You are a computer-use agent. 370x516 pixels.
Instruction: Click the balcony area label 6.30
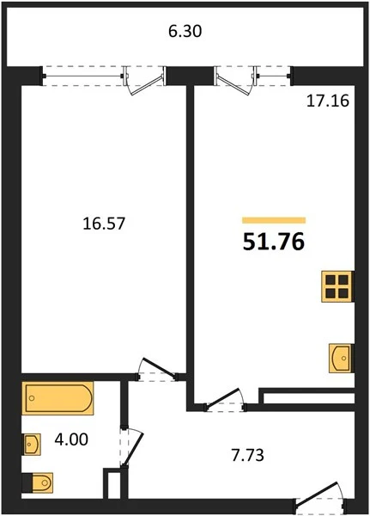pyautogui.click(x=185, y=32)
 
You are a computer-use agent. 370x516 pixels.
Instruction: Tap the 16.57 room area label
pyautogui.click(x=104, y=224)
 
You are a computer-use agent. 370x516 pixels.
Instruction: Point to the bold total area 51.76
pyautogui.click(x=274, y=242)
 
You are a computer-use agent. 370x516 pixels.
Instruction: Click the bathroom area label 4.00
pyautogui.click(x=71, y=439)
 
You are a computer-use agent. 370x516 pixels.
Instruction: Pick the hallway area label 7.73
pyautogui.click(x=248, y=456)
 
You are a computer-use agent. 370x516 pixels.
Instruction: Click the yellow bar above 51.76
pyautogui.click(x=274, y=220)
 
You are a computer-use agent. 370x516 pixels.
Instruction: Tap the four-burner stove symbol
pyautogui.click(x=337, y=286)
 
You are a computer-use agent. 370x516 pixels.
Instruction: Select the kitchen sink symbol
pyautogui.click(x=342, y=359)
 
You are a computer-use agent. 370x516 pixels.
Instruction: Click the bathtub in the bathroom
pyautogui.click(x=58, y=398)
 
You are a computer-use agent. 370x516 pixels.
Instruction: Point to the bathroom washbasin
pyautogui.click(x=32, y=445)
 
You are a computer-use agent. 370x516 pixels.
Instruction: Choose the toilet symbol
pyautogui.click(x=38, y=482)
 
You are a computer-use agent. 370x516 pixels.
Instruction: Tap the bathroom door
pyautogui.click(x=130, y=445)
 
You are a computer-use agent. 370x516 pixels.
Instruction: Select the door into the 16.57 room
pyautogui.click(x=157, y=370)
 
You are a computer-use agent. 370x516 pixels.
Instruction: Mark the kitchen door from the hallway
pyautogui.click(x=225, y=400)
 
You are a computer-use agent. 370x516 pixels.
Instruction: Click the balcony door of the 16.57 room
pyautogui.click(x=144, y=81)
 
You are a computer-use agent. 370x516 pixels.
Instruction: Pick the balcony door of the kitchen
pyautogui.click(x=236, y=81)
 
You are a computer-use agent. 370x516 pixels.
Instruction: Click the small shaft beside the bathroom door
pyautogui.click(x=112, y=483)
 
